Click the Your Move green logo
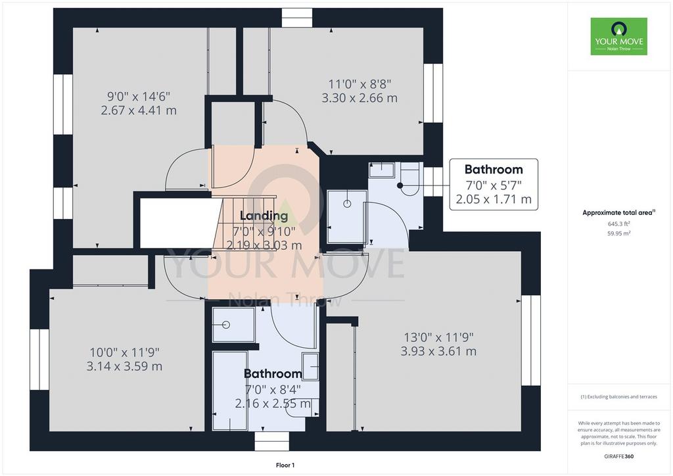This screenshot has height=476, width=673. click(618, 36)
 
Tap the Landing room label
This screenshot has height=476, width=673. click(264, 216)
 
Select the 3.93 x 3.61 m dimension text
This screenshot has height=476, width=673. click(438, 352)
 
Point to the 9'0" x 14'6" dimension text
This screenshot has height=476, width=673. click(139, 96)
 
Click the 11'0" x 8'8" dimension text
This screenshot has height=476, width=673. click(360, 83)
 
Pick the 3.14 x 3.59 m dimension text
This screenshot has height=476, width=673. click(124, 367)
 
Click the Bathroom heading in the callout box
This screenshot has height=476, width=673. click(494, 170)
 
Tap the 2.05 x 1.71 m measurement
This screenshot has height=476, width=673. click(494, 199)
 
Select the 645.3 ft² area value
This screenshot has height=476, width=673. click(618, 224)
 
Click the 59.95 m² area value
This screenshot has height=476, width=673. click(618, 233)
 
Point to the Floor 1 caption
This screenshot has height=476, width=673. click(285, 465)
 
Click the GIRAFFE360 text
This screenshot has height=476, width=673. click(618, 456)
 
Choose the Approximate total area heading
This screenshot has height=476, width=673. click(618, 212)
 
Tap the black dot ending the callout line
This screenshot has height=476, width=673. click(400, 185)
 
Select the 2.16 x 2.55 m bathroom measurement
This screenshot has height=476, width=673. click(273, 404)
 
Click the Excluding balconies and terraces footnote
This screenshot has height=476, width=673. click(618, 396)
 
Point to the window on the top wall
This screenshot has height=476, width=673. click(297, 18)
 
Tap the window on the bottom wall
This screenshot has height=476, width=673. click(271, 441)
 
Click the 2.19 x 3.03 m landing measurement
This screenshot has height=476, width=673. click(264, 245)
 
